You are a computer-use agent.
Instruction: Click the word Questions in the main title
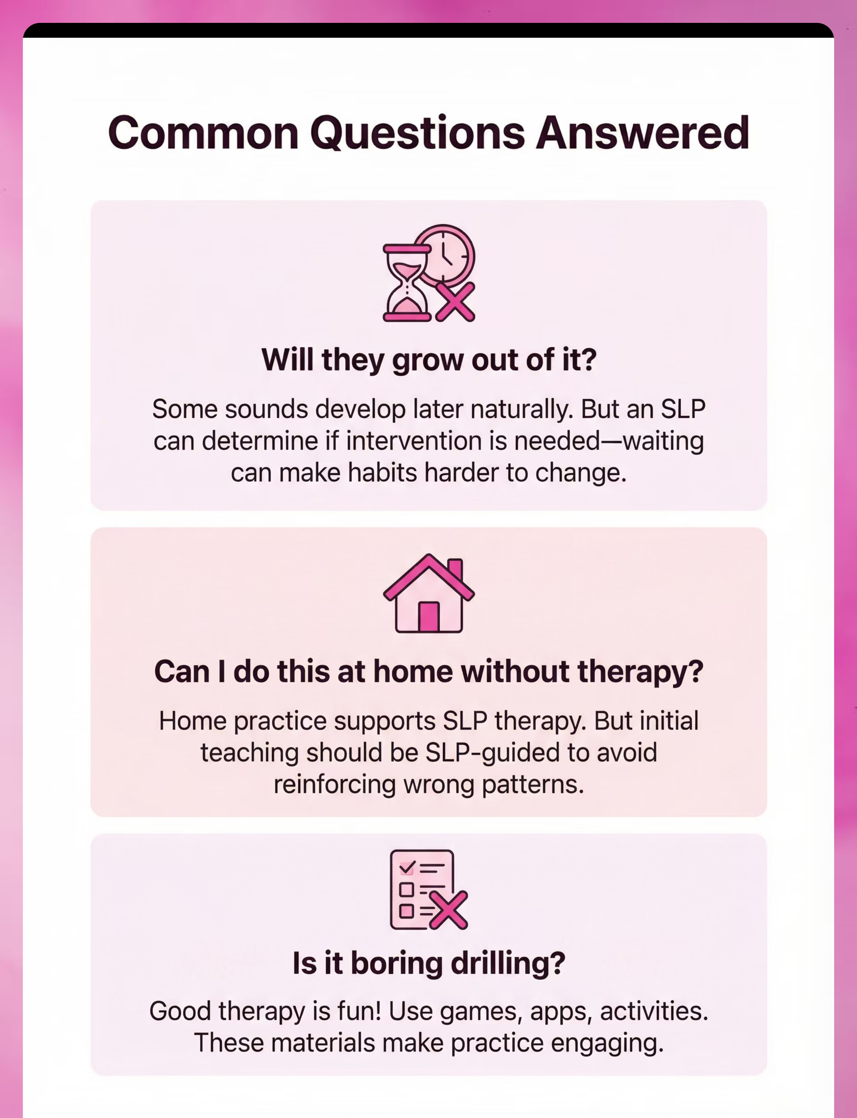pos(417,133)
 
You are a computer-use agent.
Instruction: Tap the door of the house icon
pos(428,617)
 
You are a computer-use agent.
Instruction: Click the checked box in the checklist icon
pos(407,867)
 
